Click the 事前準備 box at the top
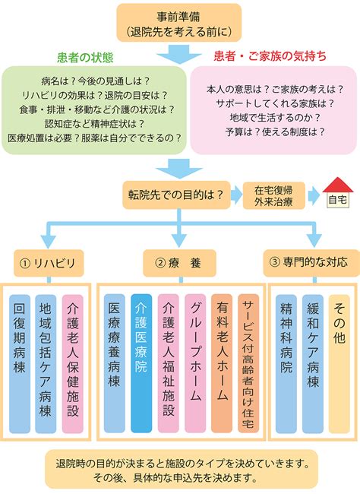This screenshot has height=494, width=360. point(179,23)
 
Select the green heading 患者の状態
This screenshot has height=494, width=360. point(85,58)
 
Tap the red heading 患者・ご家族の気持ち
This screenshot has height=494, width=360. point(270,56)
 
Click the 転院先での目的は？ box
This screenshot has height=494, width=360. point(176,195)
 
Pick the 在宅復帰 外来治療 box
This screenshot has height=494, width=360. point(273,195)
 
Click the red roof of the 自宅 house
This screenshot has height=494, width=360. point(338,185)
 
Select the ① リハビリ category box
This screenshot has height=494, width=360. point(49,263)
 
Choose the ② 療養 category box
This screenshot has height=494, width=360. point(179,263)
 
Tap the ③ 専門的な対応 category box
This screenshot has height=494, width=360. point(311,263)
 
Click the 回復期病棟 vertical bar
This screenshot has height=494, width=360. point(20,364)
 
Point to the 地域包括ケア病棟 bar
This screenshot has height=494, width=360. point(46,364)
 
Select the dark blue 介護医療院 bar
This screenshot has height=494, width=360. point(141,363)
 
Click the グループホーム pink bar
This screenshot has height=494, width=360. point(195,363)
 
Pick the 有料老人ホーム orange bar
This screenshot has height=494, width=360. point(222,363)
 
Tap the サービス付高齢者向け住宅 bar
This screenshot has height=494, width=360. point(248,363)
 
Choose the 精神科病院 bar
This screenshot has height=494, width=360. point(286,364)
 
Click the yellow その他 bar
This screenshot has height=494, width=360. point(339,364)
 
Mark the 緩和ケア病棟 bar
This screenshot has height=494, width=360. point(313,364)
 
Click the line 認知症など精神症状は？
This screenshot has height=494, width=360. point(94,124)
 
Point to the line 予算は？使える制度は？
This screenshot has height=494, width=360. point(275,132)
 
